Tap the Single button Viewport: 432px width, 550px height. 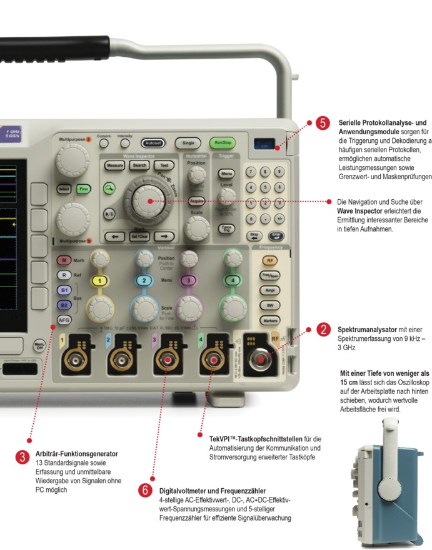(185, 142)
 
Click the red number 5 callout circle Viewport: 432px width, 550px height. (323, 124)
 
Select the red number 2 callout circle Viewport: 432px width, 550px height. (323, 330)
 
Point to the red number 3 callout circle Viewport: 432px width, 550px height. (22, 458)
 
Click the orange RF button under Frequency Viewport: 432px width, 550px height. (270, 260)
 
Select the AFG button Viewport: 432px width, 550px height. (64, 320)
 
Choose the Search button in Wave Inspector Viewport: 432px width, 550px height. (139, 165)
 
